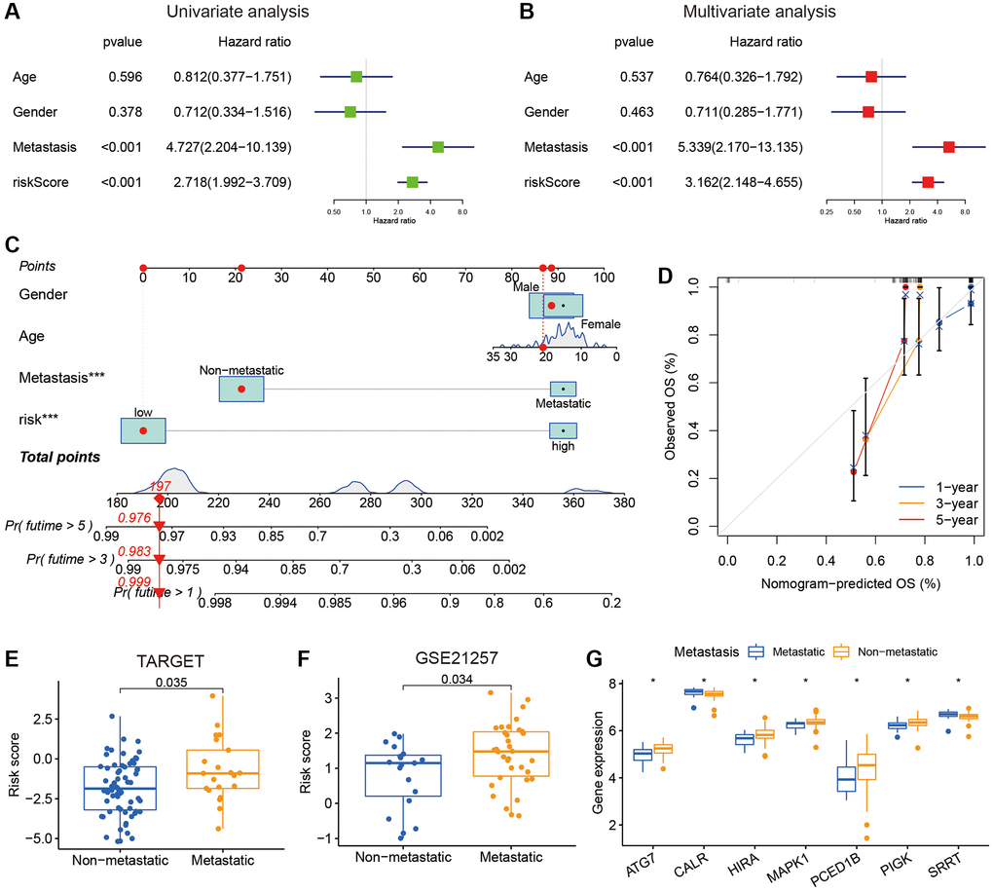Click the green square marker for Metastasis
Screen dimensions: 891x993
(x=438, y=147)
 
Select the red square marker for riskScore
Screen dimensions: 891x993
(x=928, y=182)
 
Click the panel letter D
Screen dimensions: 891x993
(x=665, y=275)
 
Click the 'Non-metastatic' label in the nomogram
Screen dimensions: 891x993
(x=240, y=370)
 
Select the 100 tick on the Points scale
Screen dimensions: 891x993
(x=604, y=278)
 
